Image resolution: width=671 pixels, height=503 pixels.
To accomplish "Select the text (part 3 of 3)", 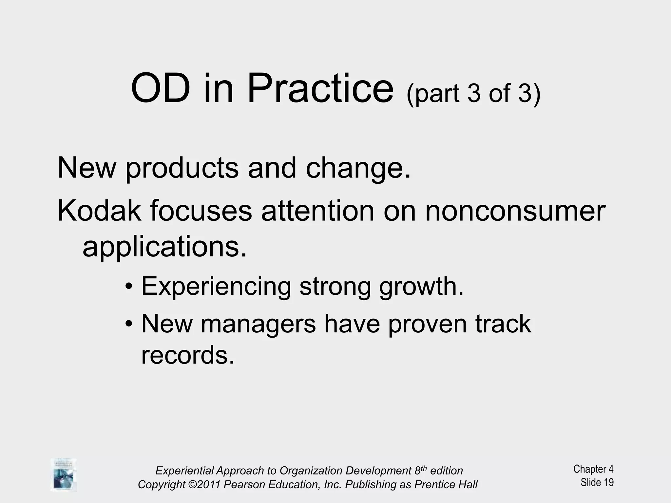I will pos(473,93).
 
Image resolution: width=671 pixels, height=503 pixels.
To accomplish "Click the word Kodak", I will pos(99,211).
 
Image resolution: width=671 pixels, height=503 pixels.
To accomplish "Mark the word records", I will pos(188,355).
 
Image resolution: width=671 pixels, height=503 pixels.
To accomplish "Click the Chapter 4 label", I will pos(593,469).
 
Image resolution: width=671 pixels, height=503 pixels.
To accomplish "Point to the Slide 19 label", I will pos(597,482).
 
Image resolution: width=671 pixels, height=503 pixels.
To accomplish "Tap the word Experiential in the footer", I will pos(184,471).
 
